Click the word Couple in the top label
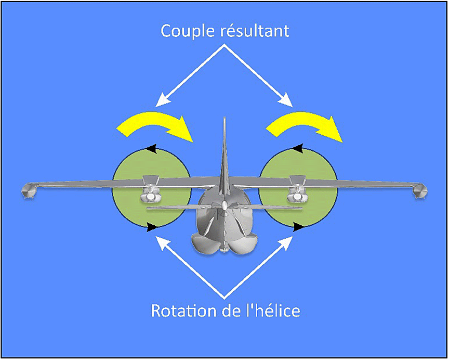186,31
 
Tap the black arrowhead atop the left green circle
151,148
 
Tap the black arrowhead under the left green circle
151,227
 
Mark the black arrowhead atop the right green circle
298,148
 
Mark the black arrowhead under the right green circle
298,227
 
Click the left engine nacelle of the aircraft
150,196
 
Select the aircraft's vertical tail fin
224,151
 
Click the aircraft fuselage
224,218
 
